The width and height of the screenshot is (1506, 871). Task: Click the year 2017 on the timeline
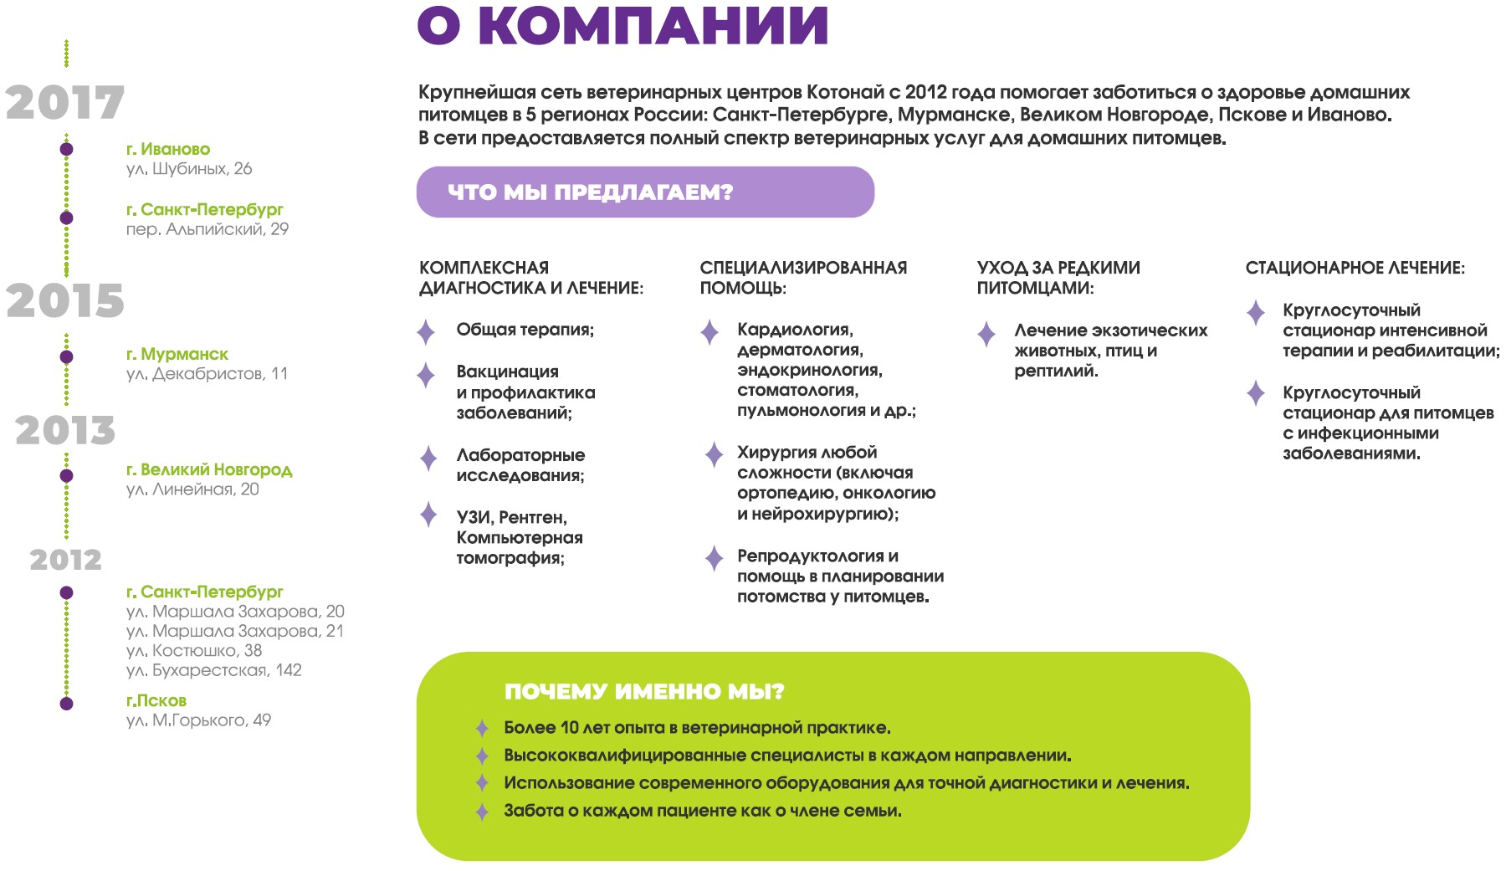pyautogui.click(x=65, y=103)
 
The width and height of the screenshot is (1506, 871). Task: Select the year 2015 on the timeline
pyautogui.click(x=65, y=300)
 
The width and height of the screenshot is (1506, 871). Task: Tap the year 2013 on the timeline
pyautogui.click(x=65, y=430)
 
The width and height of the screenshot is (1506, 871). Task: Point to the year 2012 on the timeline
pyautogui.click(x=65, y=559)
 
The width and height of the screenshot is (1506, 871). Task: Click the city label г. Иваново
pyautogui.click(x=168, y=149)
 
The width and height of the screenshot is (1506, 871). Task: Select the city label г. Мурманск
pyautogui.click(x=177, y=354)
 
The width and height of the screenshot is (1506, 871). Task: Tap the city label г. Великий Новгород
pyautogui.click(x=209, y=469)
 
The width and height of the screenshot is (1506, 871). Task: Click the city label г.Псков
pyautogui.click(x=156, y=700)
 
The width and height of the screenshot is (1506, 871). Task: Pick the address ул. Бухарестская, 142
pyautogui.click(x=213, y=670)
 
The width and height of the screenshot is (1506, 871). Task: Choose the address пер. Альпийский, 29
pyautogui.click(x=207, y=229)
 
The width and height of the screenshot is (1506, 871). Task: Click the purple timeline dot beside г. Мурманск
pyautogui.click(x=66, y=357)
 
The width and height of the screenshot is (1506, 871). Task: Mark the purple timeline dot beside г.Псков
pyautogui.click(x=66, y=704)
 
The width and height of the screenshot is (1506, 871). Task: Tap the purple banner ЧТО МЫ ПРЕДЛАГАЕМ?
pyautogui.click(x=645, y=192)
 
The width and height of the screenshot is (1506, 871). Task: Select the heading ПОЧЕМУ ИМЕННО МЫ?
pyautogui.click(x=644, y=691)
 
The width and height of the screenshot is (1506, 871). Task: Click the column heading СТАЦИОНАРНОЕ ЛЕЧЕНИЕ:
pyautogui.click(x=1355, y=268)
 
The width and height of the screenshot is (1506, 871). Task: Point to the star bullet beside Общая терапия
pyautogui.click(x=426, y=332)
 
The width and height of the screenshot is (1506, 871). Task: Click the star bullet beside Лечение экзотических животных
pyautogui.click(x=986, y=334)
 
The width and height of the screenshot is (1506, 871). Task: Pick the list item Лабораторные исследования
pyautogui.click(x=520, y=465)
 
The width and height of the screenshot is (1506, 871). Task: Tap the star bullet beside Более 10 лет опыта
pyautogui.click(x=482, y=728)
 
